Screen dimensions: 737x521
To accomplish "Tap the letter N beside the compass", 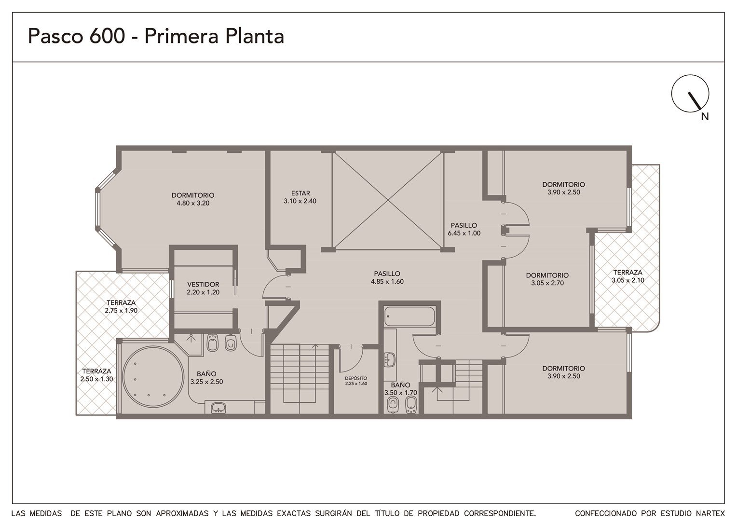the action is pyautogui.click(x=704, y=117).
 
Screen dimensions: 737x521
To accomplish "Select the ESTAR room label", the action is pyautogui.click(x=300, y=193).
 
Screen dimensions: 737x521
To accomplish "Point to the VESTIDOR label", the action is pyautogui.click(x=203, y=284).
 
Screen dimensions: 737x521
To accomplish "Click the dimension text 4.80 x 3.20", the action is pyautogui.click(x=193, y=203).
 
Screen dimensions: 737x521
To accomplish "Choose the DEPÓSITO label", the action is pyautogui.click(x=356, y=378).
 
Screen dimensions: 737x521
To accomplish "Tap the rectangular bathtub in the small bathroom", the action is pyautogui.click(x=409, y=316).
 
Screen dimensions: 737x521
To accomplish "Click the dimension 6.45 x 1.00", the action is pyautogui.click(x=464, y=233).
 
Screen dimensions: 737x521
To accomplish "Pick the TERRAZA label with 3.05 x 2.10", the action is pyautogui.click(x=628, y=273).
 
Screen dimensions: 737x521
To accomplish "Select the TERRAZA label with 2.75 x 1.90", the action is pyautogui.click(x=121, y=303).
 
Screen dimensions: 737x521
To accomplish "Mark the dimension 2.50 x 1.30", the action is pyautogui.click(x=97, y=379).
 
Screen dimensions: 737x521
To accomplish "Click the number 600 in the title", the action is pyautogui.click(x=107, y=36).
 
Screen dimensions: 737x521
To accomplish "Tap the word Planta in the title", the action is pyautogui.click(x=255, y=36).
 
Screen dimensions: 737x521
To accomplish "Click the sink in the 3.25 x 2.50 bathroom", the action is pyautogui.click(x=218, y=408).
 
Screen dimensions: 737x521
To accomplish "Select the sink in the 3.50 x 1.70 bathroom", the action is pyautogui.click(x=390, y=360).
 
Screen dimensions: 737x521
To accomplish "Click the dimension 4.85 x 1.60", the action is pyautogui.click(x=387, y=282).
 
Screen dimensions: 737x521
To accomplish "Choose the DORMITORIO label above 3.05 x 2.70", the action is pyautogui.click(x=547, y=275).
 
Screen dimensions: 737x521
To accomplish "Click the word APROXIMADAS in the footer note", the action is pyautogui.click(x=182, y=513).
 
